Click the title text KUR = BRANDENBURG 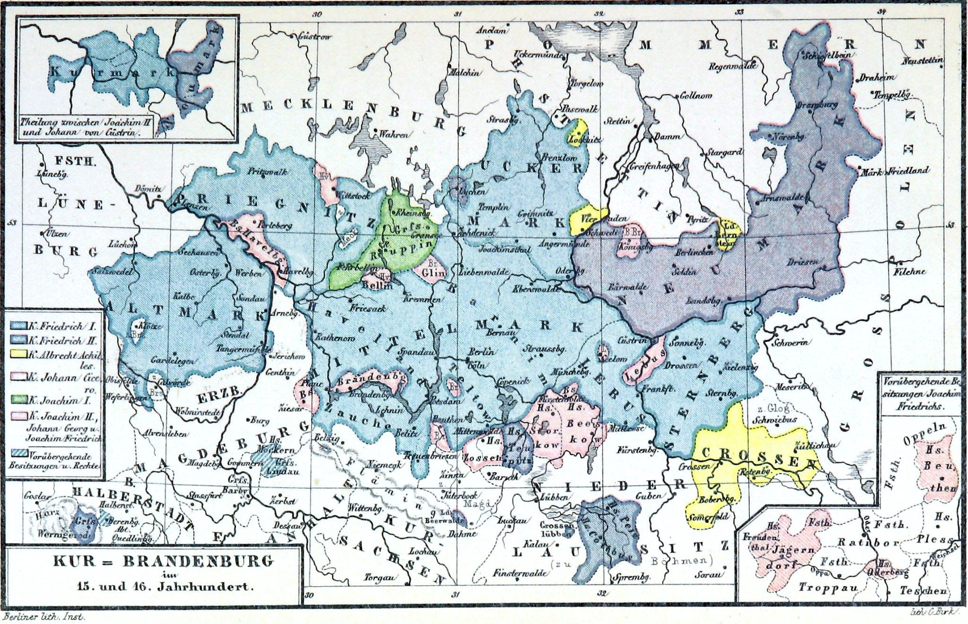coord(163,561)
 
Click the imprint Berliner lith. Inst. coord(43,616)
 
